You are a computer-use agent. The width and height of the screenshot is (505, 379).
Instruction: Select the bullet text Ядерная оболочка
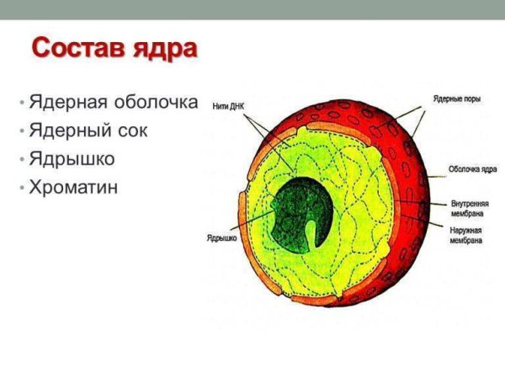(113, 104)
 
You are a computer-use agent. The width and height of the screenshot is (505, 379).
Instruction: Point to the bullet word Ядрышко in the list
(72, 158)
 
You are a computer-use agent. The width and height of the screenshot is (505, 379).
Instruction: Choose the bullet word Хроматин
(73, 186)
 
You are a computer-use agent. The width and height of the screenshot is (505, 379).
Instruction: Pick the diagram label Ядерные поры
(458, 99)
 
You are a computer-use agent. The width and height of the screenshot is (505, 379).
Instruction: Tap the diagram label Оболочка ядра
(472, 168)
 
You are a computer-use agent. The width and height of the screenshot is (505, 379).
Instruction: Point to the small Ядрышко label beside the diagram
(221, 238)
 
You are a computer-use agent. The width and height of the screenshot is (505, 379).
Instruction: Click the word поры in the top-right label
(472, 99)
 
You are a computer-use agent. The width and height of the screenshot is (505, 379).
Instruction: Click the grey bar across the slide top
(252, 8)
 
